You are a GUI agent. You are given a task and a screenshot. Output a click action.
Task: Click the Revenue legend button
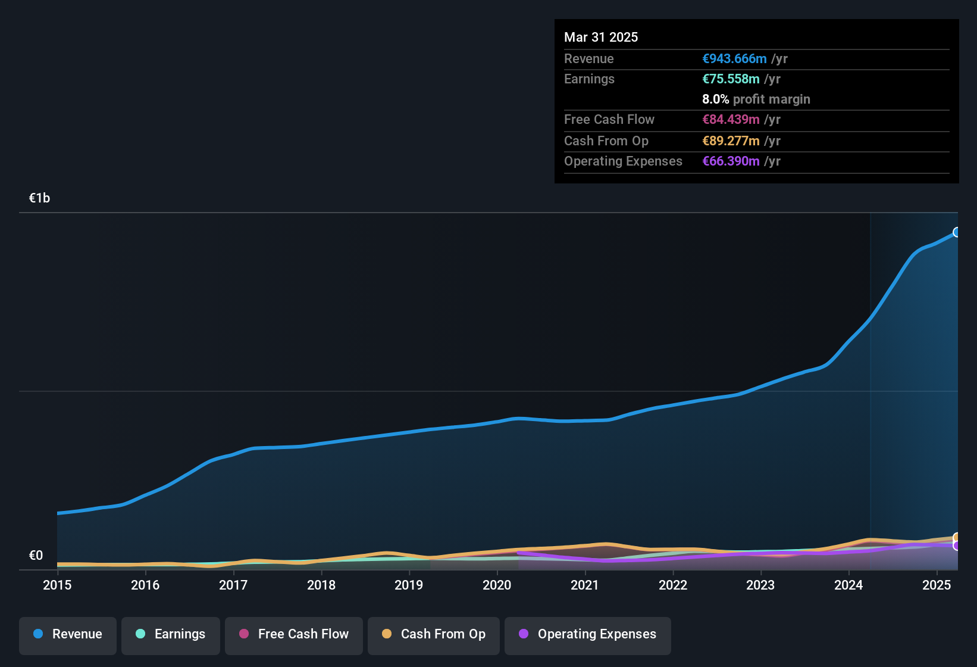68,634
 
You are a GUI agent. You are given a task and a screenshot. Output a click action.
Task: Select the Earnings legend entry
170,634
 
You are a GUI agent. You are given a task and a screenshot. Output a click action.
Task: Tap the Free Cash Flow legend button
294,634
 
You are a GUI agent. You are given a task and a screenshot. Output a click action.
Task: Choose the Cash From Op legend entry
434,634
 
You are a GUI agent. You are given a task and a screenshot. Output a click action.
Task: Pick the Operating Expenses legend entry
588,634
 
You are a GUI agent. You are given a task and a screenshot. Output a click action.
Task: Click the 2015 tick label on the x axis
57,585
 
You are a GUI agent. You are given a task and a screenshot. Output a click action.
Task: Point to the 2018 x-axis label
321,585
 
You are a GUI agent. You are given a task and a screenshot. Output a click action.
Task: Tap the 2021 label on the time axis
585,585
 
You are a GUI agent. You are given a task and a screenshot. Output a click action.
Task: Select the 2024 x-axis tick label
848,585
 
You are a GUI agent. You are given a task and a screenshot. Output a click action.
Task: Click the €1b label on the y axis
40,198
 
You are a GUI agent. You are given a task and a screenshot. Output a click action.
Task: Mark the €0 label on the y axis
36,556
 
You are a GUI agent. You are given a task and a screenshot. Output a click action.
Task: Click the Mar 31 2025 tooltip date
601,37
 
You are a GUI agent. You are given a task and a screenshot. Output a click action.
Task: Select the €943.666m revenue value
734,58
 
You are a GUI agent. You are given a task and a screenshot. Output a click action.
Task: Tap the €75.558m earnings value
731,79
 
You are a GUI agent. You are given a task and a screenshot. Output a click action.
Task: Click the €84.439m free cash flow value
731,119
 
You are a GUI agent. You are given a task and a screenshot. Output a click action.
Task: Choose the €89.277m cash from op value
731,141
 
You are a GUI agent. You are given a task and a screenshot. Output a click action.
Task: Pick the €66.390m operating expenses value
731,161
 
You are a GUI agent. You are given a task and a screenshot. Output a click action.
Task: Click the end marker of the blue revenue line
957,232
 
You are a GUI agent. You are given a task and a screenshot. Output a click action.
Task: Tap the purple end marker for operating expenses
957,546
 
